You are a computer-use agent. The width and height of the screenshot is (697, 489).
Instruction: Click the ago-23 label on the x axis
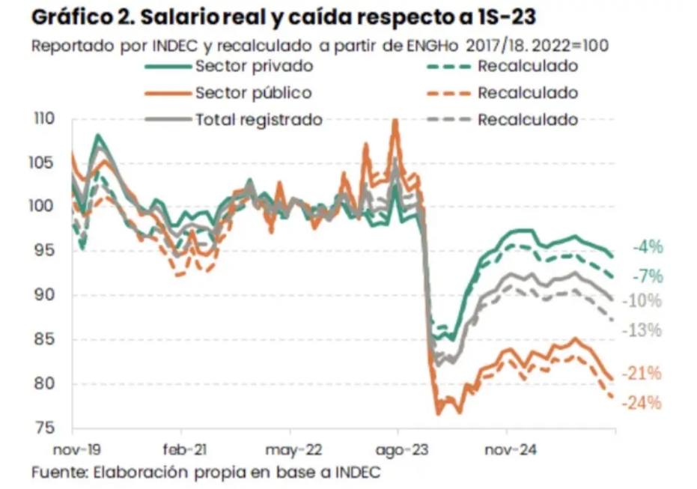[397, 451]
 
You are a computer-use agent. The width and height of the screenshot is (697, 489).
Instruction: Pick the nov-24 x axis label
[507, 451]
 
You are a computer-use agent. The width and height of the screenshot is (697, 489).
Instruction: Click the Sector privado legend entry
[254, 66]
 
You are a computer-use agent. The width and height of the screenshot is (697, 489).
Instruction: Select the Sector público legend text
[253, 93]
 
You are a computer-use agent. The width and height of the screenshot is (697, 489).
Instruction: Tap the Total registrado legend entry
[258, 120]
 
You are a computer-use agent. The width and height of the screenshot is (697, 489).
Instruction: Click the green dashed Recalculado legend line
[448, 67]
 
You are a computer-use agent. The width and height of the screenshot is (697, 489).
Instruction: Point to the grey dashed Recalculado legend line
[448, 121]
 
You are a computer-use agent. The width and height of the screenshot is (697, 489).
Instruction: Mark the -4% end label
[648, 247]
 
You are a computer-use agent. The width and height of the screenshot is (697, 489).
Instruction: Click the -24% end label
[644, 403]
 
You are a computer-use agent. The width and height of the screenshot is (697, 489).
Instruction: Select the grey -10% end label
[645, 300]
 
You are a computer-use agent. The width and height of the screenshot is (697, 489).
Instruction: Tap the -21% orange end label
[645, 373]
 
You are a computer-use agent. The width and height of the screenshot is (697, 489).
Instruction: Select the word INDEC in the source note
[358, 473]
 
